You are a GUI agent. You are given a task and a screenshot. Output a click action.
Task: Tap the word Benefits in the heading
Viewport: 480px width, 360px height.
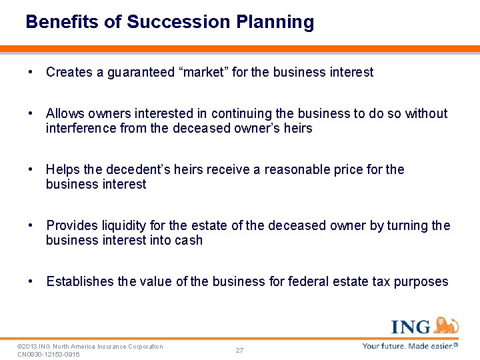click(x=63, y=22)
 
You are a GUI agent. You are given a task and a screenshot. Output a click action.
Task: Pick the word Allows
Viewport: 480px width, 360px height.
click(x=65, y=113)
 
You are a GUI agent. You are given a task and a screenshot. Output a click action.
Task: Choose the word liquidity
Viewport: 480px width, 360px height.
click(x=123, y=225)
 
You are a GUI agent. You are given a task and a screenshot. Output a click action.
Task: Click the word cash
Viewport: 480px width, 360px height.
click(x=189, y=240)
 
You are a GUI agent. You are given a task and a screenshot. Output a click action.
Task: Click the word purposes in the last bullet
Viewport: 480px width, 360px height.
click(x=421, y=281)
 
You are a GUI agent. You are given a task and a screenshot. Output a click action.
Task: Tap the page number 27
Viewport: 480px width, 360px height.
click(x=239, y=350)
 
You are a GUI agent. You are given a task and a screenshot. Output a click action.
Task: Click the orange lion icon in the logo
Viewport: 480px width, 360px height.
click(x=446, y=325)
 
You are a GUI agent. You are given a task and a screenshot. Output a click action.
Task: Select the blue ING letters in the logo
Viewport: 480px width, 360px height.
click(x=411, y=327)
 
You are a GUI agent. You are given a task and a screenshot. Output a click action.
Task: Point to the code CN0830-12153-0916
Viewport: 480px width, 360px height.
click(x=49, y=354)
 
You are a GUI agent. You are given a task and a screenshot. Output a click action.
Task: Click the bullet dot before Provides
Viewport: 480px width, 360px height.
click(x=31, y=225)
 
